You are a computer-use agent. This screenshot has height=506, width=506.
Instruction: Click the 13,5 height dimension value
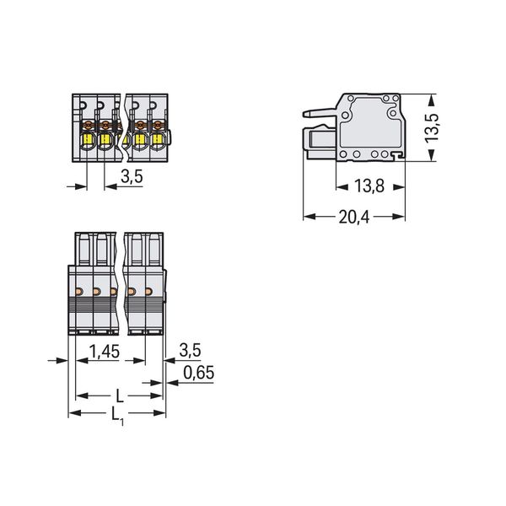432,128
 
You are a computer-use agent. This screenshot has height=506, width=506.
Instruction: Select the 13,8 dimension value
369,186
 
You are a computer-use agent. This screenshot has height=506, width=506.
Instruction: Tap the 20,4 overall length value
354,217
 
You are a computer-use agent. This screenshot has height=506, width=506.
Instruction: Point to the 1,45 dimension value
105,351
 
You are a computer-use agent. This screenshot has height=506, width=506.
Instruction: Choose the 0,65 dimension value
198,373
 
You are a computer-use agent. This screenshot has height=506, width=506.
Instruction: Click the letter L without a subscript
120,396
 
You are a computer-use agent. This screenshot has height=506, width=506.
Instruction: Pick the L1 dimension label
118,415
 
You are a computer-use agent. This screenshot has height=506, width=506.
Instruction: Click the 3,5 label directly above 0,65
190,350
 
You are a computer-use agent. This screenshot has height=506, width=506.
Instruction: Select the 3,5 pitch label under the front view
132,176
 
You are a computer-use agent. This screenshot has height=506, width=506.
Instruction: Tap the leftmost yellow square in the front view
88,140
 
